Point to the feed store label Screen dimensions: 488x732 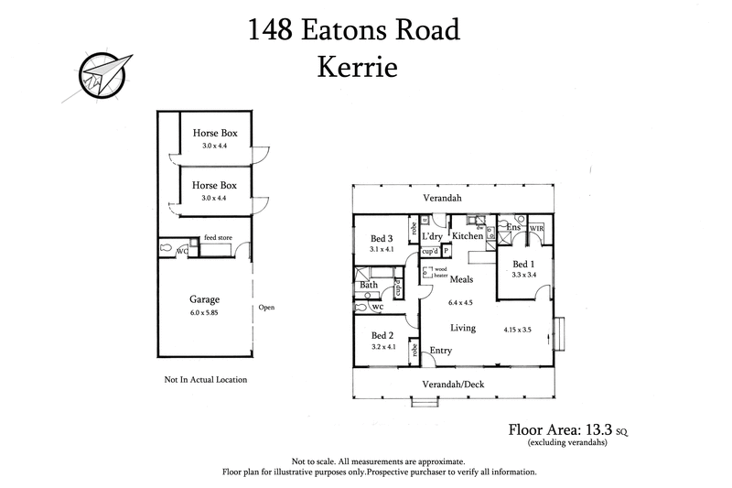(x=217, y=237)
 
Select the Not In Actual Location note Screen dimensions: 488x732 (x=205, y=378)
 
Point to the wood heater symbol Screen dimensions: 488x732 (x=427, y=272)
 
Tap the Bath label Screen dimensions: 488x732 (x=369, y=285)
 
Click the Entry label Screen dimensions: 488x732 (x=441, y=349)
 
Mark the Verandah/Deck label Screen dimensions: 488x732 (x=454, y=384)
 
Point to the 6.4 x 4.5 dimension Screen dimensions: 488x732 (x=459, y=302)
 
